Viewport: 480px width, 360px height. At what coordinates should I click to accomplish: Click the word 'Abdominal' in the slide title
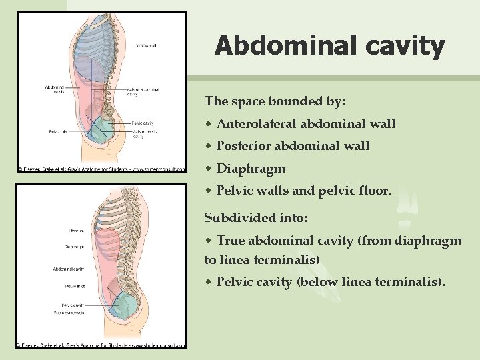pos(287,46)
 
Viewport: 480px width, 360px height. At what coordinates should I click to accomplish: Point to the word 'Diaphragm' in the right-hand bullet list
pos(251,169)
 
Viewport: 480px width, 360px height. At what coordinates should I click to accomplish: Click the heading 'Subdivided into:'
pos(256,218)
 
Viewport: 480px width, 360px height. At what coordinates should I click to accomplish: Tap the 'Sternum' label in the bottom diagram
pos(75,231)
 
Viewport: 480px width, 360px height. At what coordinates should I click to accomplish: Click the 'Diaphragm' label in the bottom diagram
pos(74,247)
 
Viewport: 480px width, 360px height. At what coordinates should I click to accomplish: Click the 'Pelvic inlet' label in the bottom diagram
pos(74,285)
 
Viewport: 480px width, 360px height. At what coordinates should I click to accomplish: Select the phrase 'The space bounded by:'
pos(275,101)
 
